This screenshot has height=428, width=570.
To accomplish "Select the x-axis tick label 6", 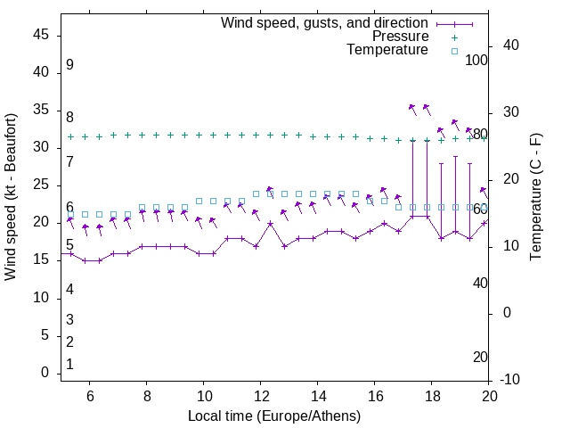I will [89, 396].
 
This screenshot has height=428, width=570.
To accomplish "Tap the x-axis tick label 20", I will [489, 396].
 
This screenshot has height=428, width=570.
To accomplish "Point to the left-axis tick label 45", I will [41, 34].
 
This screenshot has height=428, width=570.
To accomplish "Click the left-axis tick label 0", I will [45, 373].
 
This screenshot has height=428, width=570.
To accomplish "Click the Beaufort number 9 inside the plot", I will [69, 65].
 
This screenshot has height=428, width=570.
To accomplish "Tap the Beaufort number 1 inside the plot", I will [69, 365].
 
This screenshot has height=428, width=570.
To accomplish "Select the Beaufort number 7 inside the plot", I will [69, 161].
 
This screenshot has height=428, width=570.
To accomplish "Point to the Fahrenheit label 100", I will [476, 61].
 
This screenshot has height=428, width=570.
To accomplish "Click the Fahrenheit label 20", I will [480, 358].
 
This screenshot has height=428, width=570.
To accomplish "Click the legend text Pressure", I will [400, 37].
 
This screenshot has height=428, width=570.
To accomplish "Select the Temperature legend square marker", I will [453, 51].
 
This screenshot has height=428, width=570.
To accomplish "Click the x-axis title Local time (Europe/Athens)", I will [274, 416].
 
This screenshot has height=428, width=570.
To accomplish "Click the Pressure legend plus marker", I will [453, 37].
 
